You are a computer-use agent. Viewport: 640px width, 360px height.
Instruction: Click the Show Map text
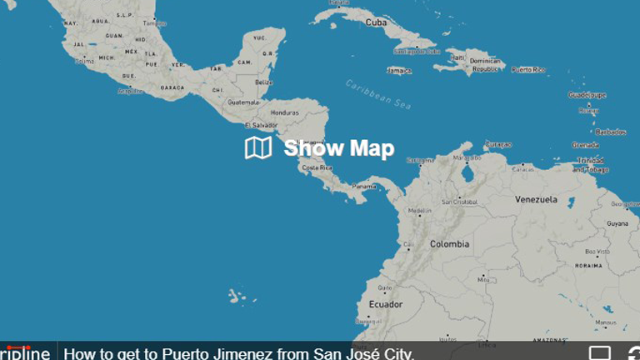coord(338,148)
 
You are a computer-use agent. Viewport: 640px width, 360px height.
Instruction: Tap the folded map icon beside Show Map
coord(258,148)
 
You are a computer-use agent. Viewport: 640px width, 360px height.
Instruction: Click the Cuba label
coord(376,22)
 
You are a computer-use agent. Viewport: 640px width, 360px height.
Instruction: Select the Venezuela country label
coord(536,200)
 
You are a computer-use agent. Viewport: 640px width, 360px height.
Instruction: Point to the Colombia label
coord(449,244)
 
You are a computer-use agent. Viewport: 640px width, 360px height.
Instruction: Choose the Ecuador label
coord(386,304)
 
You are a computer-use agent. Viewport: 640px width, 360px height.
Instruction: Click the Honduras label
coord(284,112)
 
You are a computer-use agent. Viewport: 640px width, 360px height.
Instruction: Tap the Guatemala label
coord(243,102)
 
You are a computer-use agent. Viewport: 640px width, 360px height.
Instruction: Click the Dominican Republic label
coord(486,66)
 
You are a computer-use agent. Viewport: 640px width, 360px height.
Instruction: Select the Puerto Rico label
coord(528,70)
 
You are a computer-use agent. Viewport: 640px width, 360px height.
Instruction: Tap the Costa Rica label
coord(317,167)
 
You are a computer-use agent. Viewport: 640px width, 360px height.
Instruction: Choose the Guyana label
coord(617,223)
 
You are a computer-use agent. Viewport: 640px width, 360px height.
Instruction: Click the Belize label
coord(263,82)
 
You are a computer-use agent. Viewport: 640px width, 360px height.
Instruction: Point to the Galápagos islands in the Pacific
coord(237,296)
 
